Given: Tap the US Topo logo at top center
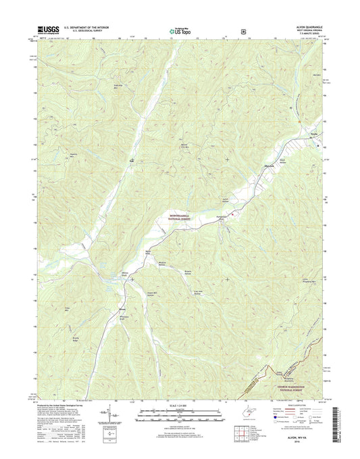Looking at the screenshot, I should pos(180,30).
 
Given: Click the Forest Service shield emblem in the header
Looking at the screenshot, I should pos(242,30).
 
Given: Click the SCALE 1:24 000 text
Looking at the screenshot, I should pos(179,405).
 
